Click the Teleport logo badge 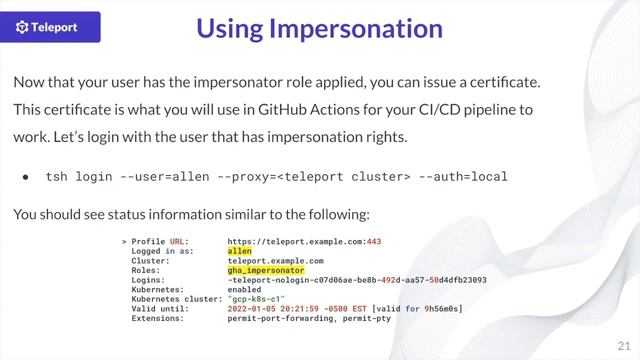(x=58, y=28)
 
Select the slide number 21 (x=623, y=342)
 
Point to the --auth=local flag (x=463, y=177)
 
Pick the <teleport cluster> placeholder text (x=344, y=177)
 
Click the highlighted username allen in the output (x=240, y=251)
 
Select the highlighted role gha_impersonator (x=265, y=270)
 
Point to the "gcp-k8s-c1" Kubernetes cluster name (x=255, y=299)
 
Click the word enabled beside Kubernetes (x=245, y=290)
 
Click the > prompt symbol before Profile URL (x=123, y=241)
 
